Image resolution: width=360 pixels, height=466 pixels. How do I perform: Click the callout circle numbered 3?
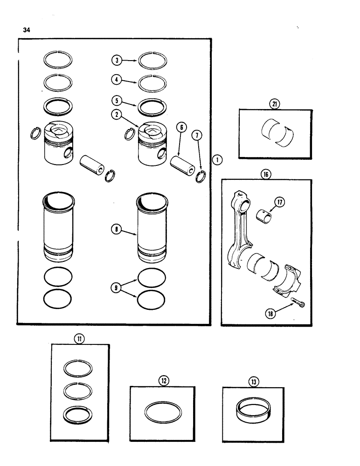click(x=116, y=60)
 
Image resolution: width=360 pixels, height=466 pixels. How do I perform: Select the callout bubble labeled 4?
click(x=116, y=80)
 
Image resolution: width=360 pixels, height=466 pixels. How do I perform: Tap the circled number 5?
click(x=116, y=100)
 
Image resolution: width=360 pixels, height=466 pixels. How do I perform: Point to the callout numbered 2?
click(x=116, y=113)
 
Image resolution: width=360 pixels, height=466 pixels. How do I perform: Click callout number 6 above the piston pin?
click(x=181, y=127)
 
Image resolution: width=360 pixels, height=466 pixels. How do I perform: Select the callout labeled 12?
click(x=163, y=380)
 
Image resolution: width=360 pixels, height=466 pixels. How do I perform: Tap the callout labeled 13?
click(x=253, y=380)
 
